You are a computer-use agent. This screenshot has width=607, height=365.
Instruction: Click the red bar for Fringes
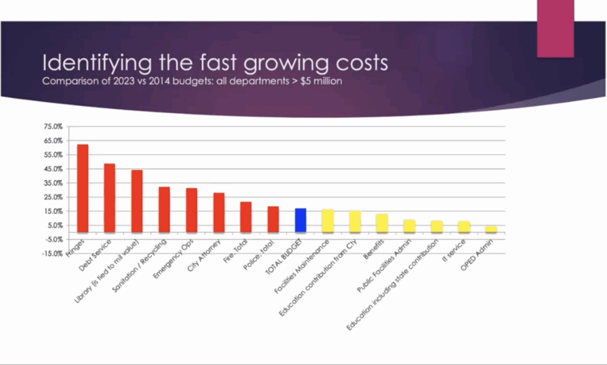point(83,188)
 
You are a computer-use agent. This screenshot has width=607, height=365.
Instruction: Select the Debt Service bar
point(110,198)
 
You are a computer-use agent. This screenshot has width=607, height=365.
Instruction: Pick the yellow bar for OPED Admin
point(491,229)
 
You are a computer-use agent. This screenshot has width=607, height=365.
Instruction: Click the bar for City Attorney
point(219,212)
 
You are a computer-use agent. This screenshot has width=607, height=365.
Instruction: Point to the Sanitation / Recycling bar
point(164,209)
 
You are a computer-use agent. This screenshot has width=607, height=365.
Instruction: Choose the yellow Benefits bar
point(382,223)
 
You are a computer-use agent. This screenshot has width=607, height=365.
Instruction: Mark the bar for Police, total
point(273,219)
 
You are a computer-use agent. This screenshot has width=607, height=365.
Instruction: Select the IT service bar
point(464,227)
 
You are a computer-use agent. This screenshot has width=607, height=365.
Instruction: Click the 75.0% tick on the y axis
point(53,126)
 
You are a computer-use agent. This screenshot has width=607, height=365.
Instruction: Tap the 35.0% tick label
point(53,183)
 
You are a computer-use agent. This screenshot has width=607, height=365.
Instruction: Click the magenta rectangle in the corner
point(555,28)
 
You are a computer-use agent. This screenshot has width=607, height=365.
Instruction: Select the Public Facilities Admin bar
point(409,226)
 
